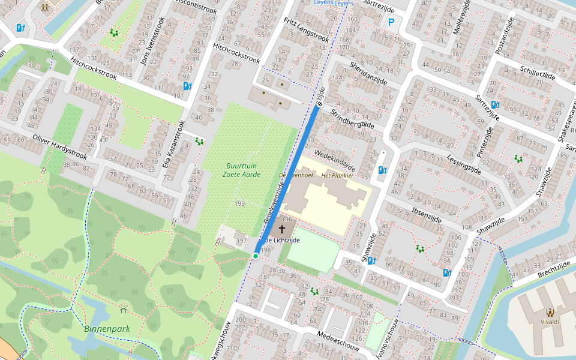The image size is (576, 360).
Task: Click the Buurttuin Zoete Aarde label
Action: pos(244,170)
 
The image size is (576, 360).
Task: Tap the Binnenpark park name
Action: pos(107,329)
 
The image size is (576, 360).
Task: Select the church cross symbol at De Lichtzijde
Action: pos(281,229)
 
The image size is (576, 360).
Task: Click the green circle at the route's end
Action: pos(256,256)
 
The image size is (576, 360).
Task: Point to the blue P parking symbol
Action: pos(391,23)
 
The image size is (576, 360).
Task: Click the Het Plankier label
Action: pos(338,175)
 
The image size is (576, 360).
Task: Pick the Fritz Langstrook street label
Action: pos(306,29)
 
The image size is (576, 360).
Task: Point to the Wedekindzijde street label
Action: pos(334,159)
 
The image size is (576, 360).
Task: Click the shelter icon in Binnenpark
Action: pos(124,310)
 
